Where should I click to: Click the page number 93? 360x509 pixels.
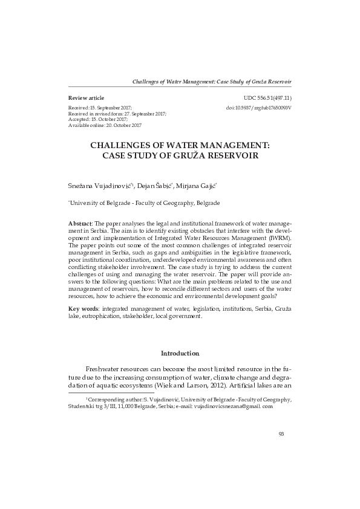click(x=281, y=433)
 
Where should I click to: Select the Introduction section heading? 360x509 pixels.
click(x=180, y=353)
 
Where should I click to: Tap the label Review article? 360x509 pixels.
click(x=86, y=97)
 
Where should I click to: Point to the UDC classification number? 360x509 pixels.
click(x=267, y=97)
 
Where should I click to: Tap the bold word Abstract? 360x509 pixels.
click(x=80, y=224)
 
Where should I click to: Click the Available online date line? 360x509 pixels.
click(x=105, y=125)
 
